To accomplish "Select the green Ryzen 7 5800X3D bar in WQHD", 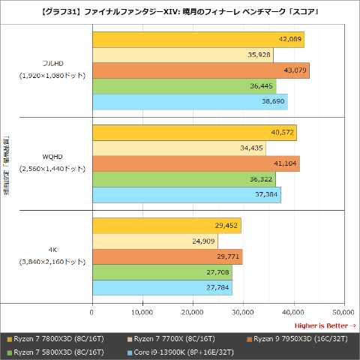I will (x=183, y=180).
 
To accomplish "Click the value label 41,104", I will (x=283, y=164).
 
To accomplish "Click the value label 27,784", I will (x=217, y=288).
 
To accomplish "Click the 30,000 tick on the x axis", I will (x=243, y=312).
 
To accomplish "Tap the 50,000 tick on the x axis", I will (x=343, y=312).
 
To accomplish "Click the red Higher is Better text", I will (x=325, y=325).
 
